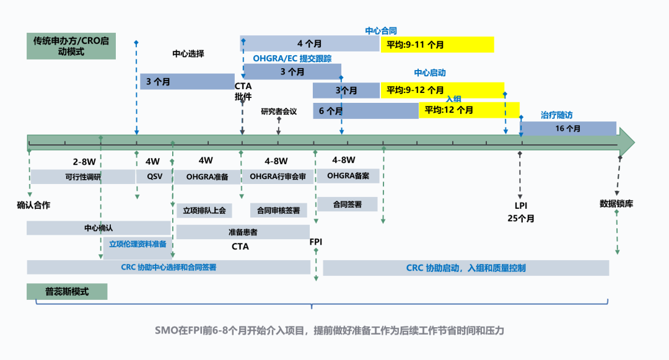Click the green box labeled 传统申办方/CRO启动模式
[71, 46]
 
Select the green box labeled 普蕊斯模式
[67, 291]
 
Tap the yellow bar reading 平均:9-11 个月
[437, 45]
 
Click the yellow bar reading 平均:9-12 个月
[442, 90]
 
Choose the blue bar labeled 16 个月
[568, 128]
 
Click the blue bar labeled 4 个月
[309, 43]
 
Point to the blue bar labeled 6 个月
[365, 111]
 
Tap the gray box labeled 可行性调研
[82, 177]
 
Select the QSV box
[154, 177]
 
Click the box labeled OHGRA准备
[207, 177]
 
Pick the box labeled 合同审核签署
[278, 210]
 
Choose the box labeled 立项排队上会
[204, 210]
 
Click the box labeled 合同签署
[347, 204]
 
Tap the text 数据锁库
[616, 203]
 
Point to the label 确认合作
[33, 205]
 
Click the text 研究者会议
[279, 112]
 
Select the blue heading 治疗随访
[556, 115]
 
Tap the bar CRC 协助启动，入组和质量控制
[466, 268]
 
